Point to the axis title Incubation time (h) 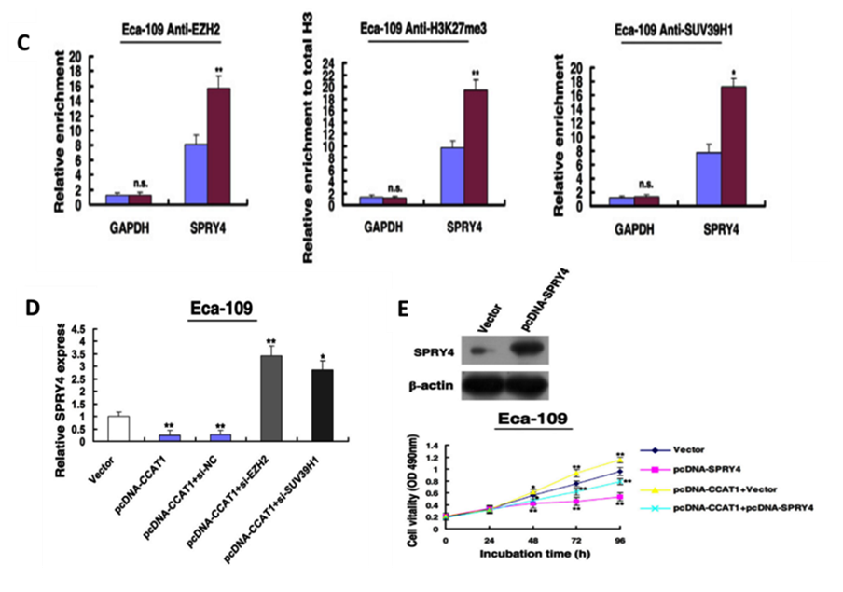(x=532, y=554)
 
